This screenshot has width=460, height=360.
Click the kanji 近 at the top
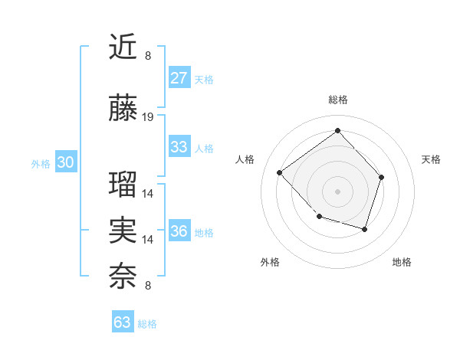pyautogui.click(x=123, y=47)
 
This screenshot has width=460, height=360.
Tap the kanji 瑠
pyautogui.click(x=123, y=185)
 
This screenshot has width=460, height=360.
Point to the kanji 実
pyautogui.click(x=123, y=231)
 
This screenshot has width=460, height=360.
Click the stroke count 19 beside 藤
pyautogui.click(x=148, y=117)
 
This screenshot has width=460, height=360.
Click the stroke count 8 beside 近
pyautogui.click(x=148, y=56)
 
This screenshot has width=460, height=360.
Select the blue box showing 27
pyautogui.click(x=179, y=78)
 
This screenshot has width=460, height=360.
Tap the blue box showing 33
pyautogui.click(x=179, y=147)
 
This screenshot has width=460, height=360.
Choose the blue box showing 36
pyautogui.click(x=179, y=231)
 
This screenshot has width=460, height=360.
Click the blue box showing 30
pyautogui.click(x=66, y=162)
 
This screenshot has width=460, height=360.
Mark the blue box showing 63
pyautogui.click(x=123, y=322)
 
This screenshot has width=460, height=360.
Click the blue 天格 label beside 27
pyautogui.click(x=204, y=79)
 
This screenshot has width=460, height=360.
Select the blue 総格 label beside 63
pyautogui.click(x=147, y=323)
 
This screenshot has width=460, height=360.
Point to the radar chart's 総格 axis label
pyautogui.click(x=337, y=100)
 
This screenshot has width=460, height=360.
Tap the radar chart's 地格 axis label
pyautogui.click(x=402, y=262)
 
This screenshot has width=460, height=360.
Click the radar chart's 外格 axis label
pyautogui.click(x=270, y=262)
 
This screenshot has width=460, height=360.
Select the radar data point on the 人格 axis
pyautogui.click(x=280, y=172)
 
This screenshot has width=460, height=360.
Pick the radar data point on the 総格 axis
pyautogui.click(x=337, y=130)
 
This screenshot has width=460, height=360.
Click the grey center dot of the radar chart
pyautogui.click(x=337, y=191)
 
